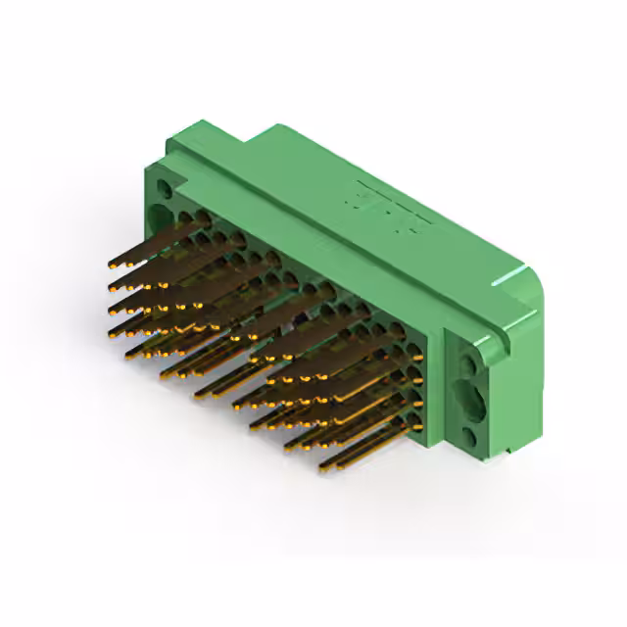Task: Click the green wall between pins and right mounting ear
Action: (437, 392)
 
